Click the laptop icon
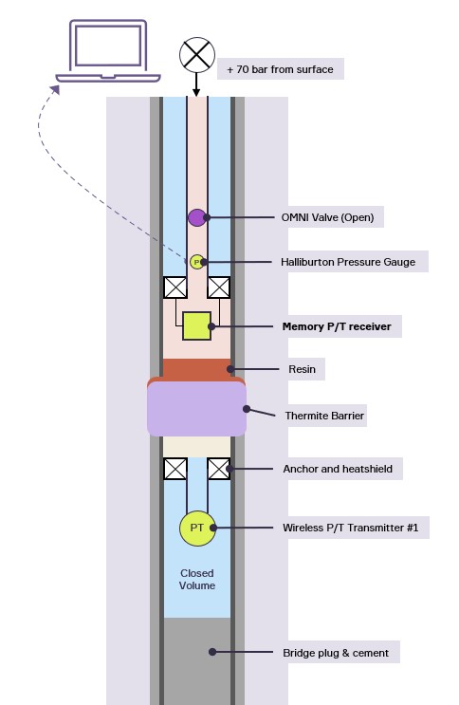click(x=108, y=51)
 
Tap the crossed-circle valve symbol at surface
click(x=197, y=55)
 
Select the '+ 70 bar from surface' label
click(x=280, y=69)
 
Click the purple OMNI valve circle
click(x=196, y=217)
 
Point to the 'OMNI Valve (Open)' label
click(x=328, y=217)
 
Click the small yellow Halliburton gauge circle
click(x=196, y=262)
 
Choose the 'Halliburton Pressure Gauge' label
click(x=348, y=262)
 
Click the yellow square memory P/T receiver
click(x=196, y=326)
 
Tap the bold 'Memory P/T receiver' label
click(x=337, y=326)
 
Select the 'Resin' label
click(x=303, y=369)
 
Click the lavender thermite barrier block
click(x=196, y=409)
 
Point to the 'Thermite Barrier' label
click(x=324, y=416)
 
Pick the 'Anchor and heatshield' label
click(x=338, y=469)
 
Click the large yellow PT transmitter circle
click(x=197, y=528)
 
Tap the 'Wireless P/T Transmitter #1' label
click(x=350, y=528)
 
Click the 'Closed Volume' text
click(x=197, y=579)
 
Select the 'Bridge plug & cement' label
click(x=336, y=653)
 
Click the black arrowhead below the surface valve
click(x=196, y=93)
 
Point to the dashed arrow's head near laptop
click(x=55, y=89)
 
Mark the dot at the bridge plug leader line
click(x=212, y=652)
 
